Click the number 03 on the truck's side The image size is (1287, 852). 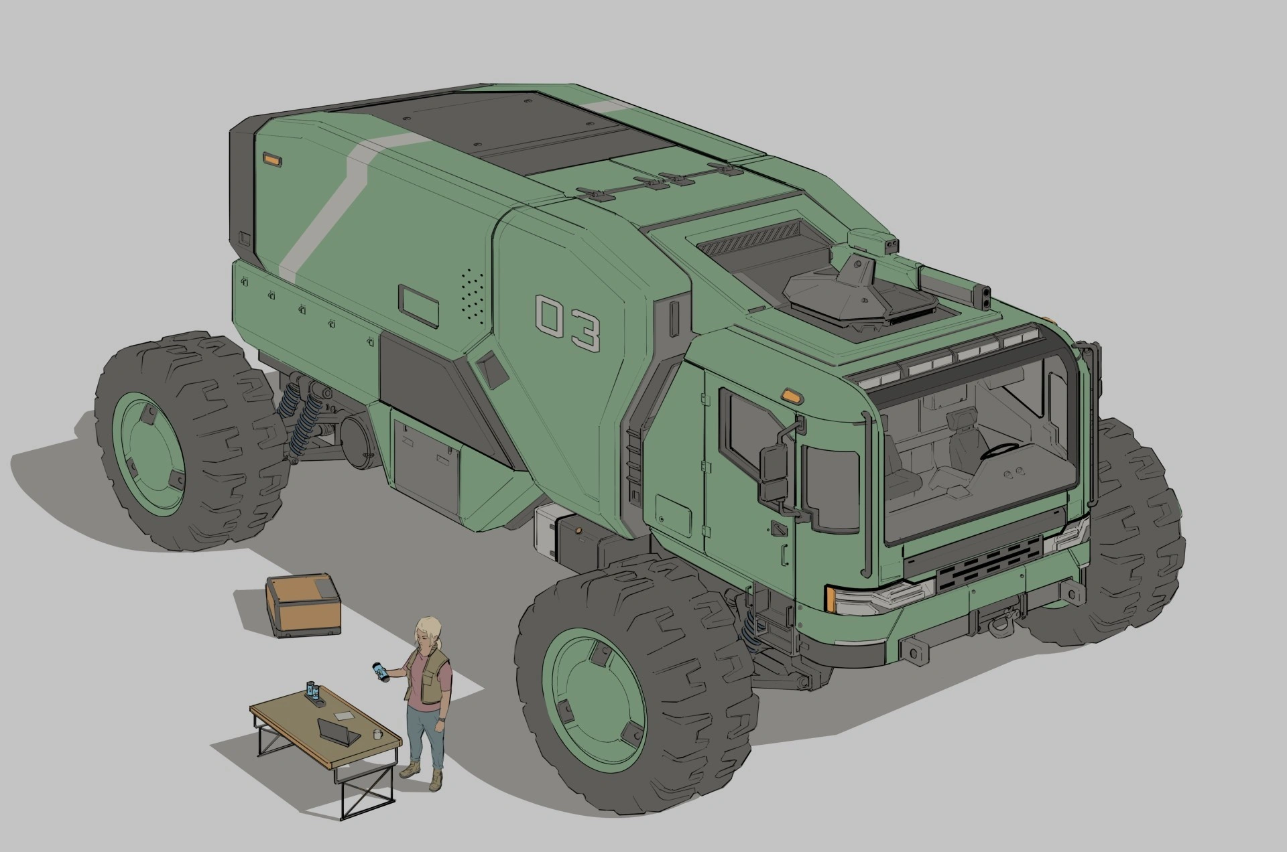(568, 324)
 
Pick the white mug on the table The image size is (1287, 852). (378, 733)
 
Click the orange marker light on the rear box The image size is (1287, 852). (272, 159)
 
